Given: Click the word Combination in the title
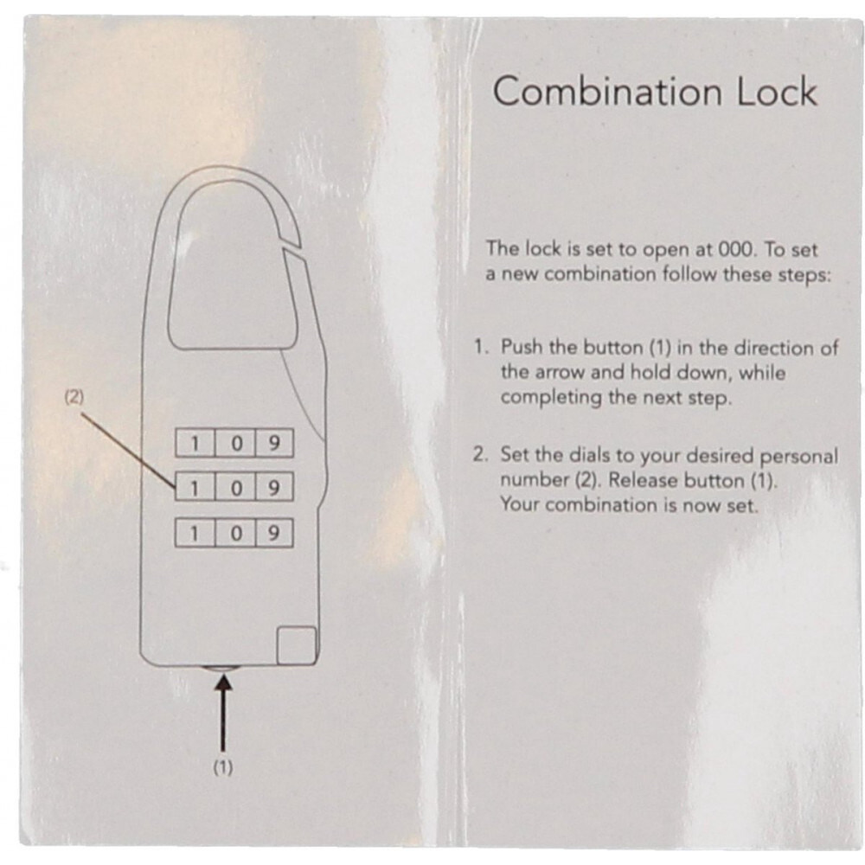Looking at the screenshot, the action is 607,91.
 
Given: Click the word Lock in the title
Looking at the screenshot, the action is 778,91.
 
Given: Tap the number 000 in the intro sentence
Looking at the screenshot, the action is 735,249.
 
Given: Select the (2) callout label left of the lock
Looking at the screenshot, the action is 74,397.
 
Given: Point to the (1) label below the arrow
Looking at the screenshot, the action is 223,767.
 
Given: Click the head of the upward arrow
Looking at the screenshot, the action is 223,683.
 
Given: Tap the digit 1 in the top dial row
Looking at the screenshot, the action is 194,443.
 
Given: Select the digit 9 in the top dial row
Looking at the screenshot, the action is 273,443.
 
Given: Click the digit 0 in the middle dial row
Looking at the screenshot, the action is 236,488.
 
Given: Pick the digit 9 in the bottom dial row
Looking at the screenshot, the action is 273,534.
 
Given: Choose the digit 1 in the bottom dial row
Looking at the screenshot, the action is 194,534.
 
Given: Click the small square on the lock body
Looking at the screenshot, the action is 296,645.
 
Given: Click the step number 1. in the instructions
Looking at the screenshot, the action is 481,347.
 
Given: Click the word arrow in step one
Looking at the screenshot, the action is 560,373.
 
